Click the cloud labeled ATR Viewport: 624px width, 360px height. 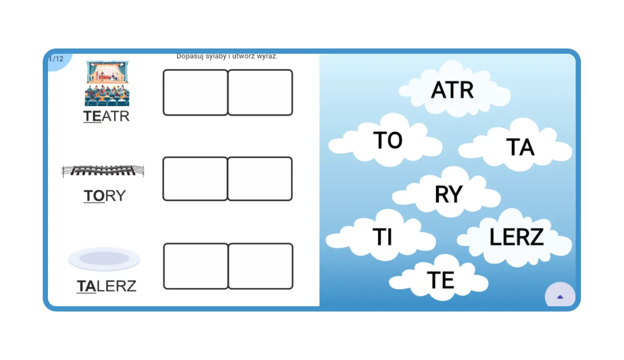(x=453, y=90)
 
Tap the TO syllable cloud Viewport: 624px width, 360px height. (x=388, y=140)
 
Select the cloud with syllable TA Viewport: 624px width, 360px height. (x=520, y=147)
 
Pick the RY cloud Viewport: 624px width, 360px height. (x=448, y=194)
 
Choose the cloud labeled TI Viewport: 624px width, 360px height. (x=382, y=236)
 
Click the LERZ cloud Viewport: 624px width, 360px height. (x=517, y=237)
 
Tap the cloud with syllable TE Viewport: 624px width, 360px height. (x=440, y=280)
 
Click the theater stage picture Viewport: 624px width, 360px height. (x=107, y=84)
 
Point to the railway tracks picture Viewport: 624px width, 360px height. (x=103, y=171)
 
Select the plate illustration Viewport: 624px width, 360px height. (x=104, y=259)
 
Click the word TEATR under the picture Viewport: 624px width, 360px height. (x=107, y=116)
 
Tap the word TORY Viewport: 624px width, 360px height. (x=105, y=196)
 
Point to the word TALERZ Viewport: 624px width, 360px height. (x=107, y=286)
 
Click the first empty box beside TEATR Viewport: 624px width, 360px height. (x=195, y=92)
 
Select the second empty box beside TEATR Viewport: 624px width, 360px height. (x=260, y=92)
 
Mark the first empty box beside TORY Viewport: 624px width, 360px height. (x=195, y=179)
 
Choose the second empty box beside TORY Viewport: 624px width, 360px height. (x=260, y=179)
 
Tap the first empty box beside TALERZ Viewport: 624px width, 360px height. (x=196, y=266)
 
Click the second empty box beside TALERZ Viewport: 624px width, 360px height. (x=261, y=266)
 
